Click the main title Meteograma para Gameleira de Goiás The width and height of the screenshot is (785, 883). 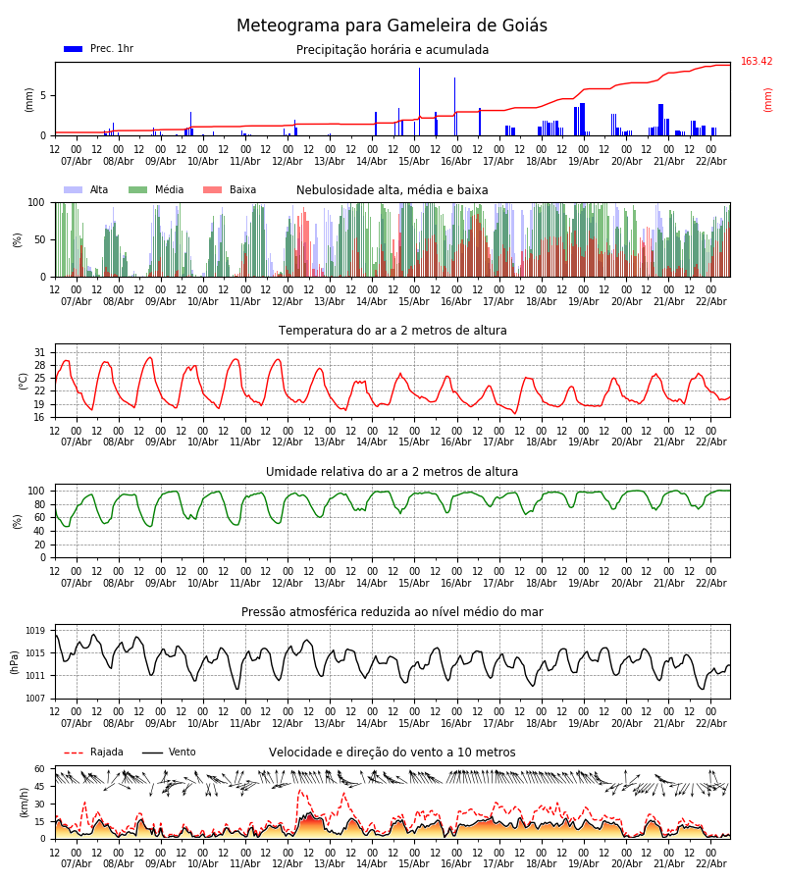click(392, 26)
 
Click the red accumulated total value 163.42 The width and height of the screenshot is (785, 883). click(757, 62)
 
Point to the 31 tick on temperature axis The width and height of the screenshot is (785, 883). click(40, 352)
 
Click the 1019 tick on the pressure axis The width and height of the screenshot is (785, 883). click(36, 631)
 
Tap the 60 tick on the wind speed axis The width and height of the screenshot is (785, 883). click(39, 769)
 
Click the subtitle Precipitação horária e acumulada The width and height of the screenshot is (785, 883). click(392, 50)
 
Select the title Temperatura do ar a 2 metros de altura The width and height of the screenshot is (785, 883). click(392, 331)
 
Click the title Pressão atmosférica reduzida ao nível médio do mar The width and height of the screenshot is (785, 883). click(392, 612)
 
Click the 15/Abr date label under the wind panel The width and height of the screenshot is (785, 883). click(414, 864)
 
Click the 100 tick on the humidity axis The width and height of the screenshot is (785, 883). click(36, 491)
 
